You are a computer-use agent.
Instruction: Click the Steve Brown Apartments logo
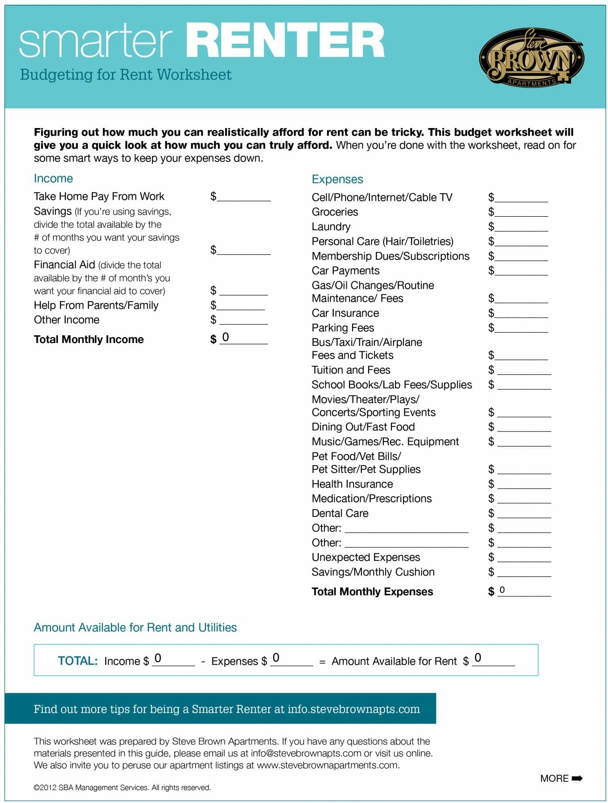(x=531, y=58)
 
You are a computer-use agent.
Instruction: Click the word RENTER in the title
(x=285, y=41)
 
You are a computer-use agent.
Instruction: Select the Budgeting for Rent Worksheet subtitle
(x=126, y=75)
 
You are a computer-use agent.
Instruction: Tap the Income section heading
(x=53, y=178)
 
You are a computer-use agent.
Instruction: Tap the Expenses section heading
(x=337, y=179)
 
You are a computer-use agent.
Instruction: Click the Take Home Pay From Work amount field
(x=243, y=197)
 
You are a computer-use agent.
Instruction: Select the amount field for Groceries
(x=521, y=212)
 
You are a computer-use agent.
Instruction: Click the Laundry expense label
(x=331, y=227)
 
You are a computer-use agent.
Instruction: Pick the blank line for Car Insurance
(x=521, y=314)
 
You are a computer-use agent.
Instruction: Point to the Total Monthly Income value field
(x=243, y=339)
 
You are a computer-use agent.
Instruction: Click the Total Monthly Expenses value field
(x=524, y=591)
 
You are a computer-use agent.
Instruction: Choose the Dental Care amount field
(x=524, y=513)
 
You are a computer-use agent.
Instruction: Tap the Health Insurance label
(x=352, y=484)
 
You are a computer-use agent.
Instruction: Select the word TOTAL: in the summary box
(x=78, y=661)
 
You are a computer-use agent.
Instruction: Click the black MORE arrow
(x=577, y=778)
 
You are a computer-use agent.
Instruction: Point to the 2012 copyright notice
(x=122, y=788)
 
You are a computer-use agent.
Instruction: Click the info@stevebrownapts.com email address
(x=306, y=753)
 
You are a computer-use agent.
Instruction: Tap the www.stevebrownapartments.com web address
(x=327, y=766)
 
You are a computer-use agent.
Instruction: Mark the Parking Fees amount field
(x=521, y=328)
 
